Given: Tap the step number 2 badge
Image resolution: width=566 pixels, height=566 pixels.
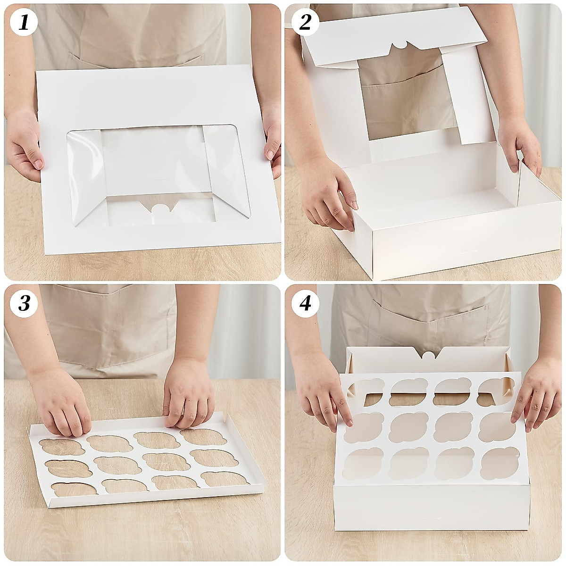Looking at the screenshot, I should tap(305, 23).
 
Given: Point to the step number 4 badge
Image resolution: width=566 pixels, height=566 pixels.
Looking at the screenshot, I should tap(305, 303).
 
